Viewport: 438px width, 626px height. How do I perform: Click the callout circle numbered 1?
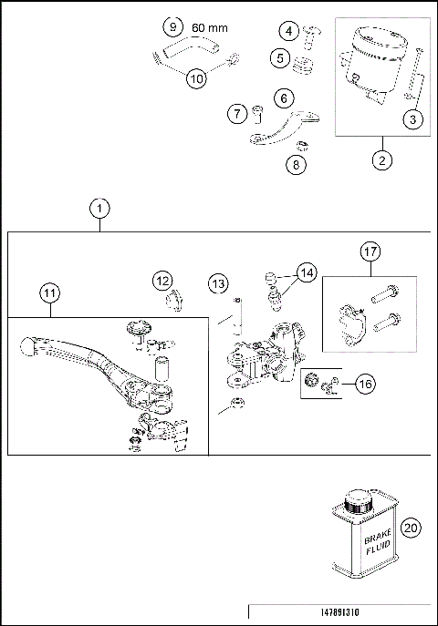(x=99, y=208)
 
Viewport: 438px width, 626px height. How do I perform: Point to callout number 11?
(x=47, y=293)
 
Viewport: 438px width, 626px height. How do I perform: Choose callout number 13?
(x=217, y=284)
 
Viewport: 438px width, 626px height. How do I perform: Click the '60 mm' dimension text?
(x=210, y=28)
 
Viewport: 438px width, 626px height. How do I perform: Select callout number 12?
(x=162, y=280)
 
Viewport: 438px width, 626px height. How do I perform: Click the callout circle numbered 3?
(x=415, y=118)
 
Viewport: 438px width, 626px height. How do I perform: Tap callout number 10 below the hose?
(x=196, y=78)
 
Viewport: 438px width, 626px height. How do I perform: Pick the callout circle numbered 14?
(x=306, y=272)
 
